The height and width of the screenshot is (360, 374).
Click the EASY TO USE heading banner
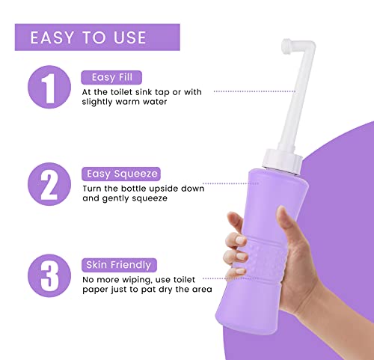(97, 37)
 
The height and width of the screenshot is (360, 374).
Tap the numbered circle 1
(49, 87)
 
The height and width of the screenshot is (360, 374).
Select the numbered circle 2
(49, 184)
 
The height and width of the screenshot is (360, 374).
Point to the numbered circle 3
(49, 275)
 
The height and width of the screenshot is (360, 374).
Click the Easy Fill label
(111, 77)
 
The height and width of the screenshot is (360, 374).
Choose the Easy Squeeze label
(121, 174)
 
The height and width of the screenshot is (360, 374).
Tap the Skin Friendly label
(119, 265)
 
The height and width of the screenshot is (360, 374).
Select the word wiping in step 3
(135, 281)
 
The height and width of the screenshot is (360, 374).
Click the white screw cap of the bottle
(282, 161)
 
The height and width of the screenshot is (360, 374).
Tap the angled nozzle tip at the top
(286, 46)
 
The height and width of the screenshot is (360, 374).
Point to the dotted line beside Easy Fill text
(254, 91)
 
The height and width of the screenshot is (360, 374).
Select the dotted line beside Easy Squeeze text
(231, 183)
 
